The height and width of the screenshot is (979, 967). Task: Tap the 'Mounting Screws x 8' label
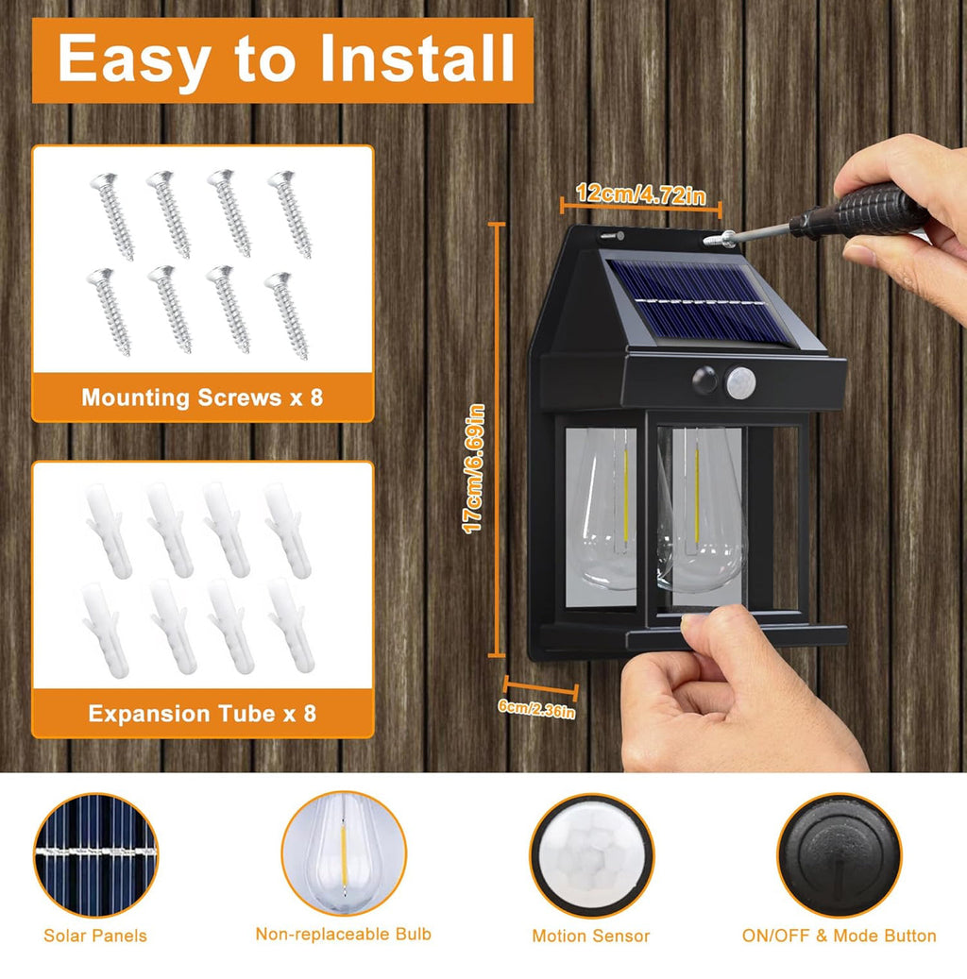pyautogui.click(x=202, y=397)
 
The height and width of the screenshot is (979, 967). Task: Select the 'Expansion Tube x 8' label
pyautogui.click(x=202, y=713)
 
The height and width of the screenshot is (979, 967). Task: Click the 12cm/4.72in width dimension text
pyautogui.click(x=641, y=195)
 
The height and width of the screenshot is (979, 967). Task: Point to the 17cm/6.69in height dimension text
pyautogui.click(x=475, y=468)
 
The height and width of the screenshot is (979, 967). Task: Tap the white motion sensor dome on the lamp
pyautogui.click(x=741, y=381)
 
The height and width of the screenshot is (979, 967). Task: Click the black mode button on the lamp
pyautogui.click(x=706, y=381)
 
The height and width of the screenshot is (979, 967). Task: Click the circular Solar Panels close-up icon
pyautogui.click(x=95, y=854)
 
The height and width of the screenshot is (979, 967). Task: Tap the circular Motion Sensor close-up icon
pyautogui.click(x=591, y=855)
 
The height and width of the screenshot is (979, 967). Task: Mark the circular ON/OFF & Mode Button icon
pyautogui.click(x=839, y=854)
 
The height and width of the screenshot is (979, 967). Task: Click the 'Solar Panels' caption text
pyautogui.click(x=95, y=936)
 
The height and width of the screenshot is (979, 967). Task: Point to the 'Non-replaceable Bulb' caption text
pyautogui.click(x=344, y=934)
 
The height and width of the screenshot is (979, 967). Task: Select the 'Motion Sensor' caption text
pyautogui.click(x=591, y=936)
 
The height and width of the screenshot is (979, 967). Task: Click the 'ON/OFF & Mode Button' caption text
pyautogui.click(x=839, y=936)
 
